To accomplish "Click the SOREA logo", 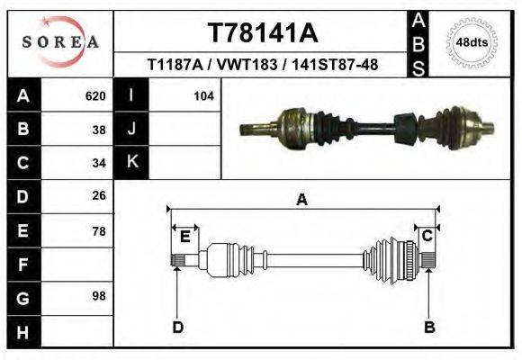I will tap(59, 42).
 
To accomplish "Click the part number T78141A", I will tap(262, 33).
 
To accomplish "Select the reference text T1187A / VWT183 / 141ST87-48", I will tap(262, 66).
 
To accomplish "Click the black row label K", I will tap(131, 163).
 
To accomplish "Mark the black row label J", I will tap(131, 129).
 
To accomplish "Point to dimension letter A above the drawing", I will tap(302, 200).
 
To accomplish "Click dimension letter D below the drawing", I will tap(178, 326).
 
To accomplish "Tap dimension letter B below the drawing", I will tap(429, 326).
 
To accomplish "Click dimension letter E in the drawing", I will tap(184, 236).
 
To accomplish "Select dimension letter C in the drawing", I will tap(428, 236).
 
